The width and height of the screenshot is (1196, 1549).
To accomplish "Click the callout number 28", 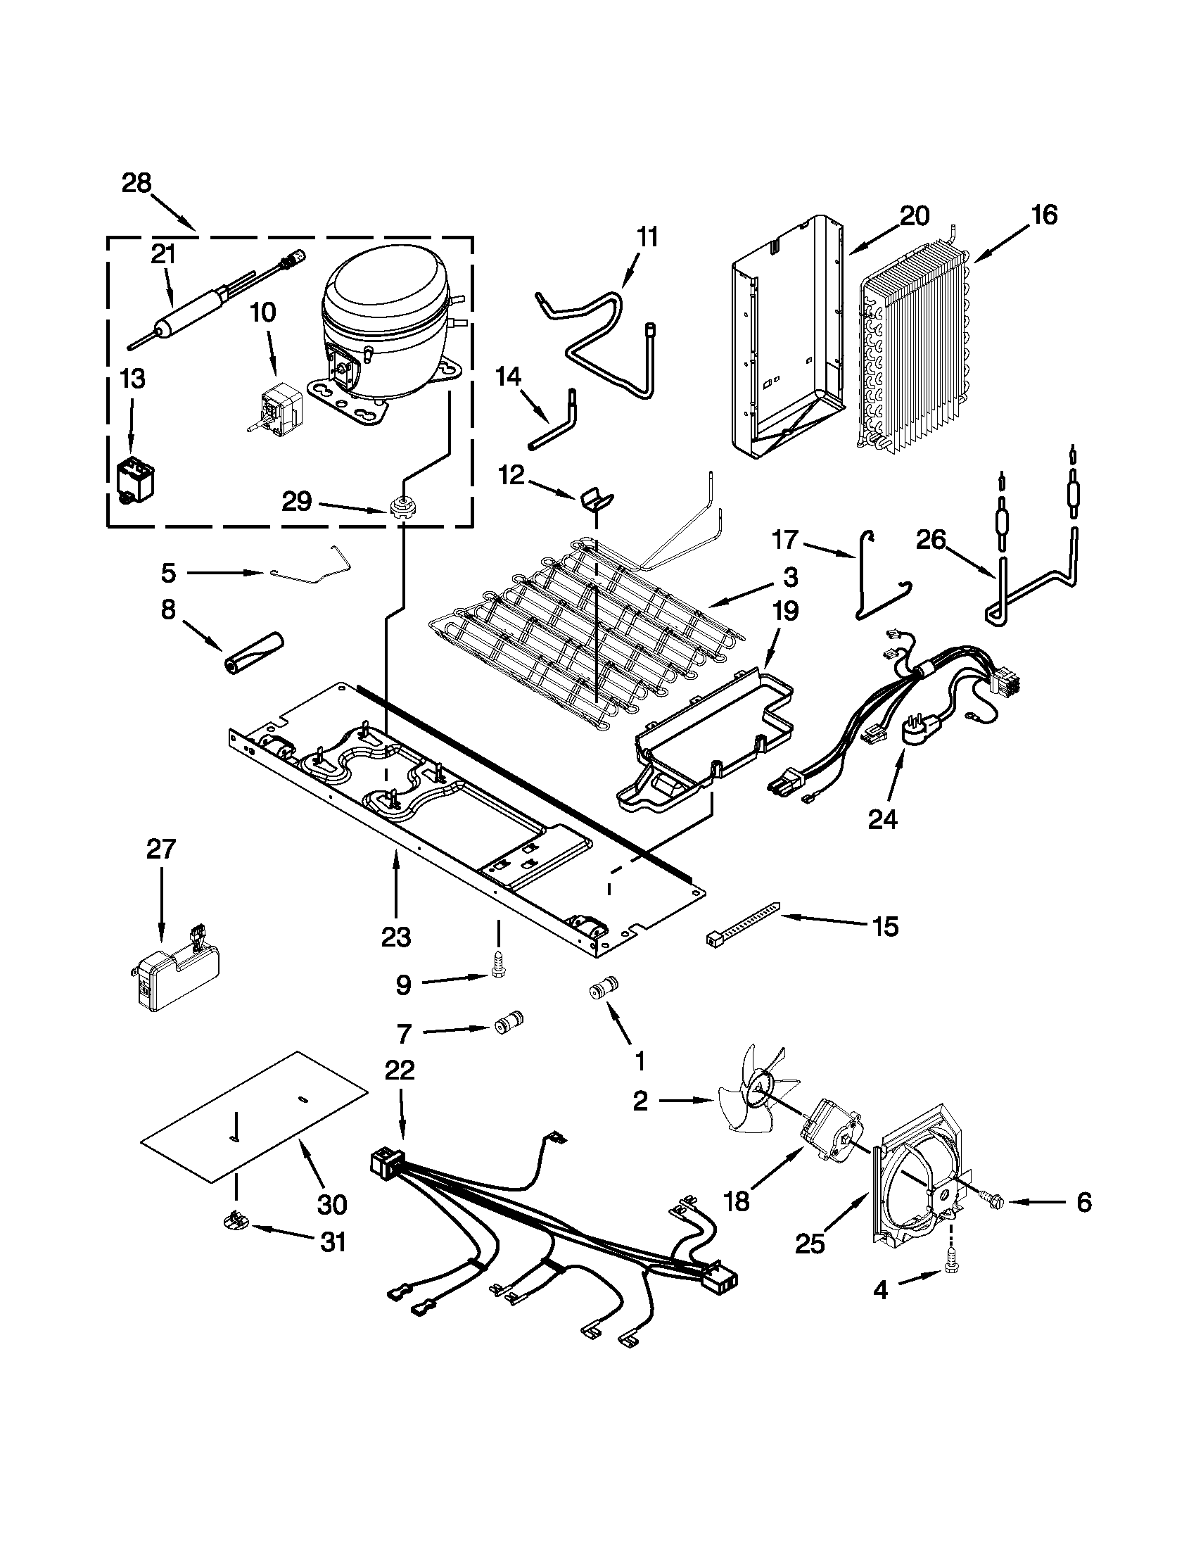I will (x=136, y=183).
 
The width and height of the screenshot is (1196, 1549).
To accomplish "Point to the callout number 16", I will (x=1043, y=214).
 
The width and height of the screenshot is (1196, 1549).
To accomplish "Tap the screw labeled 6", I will (x=993, y=1200).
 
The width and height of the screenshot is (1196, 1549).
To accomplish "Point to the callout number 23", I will (x=395, y=937).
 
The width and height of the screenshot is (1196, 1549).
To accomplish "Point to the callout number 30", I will (x=332, y=1203).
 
